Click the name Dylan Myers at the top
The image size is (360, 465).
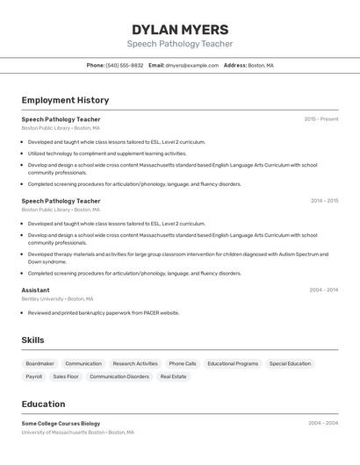click(179, 29)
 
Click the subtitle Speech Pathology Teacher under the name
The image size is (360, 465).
click(179, 44)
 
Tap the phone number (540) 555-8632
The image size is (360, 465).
click(124, 65)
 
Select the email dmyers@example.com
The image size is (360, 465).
click(191, 65)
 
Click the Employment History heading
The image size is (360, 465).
click(65, 100)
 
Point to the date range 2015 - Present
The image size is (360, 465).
click(320, 119)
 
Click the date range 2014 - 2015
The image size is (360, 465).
click(324, 201)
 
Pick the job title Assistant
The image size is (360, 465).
click(35, 290)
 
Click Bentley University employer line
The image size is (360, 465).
click(57, 299)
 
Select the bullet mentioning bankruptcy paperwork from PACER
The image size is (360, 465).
click(103, 312)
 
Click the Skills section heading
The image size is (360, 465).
click(32, 340)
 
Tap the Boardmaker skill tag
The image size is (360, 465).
click(40, 363)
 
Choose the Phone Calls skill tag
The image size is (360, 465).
click(183, 363)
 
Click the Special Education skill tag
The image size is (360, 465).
click(290, 363)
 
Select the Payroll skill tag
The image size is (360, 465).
click(33, 376)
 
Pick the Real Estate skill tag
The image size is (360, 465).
click(173, 376)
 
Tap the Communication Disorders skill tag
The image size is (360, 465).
click(119, 376)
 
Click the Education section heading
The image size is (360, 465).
click(43, 404)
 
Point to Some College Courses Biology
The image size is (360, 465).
click(61, 424)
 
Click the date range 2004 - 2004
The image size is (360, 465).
click(323, 423)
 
